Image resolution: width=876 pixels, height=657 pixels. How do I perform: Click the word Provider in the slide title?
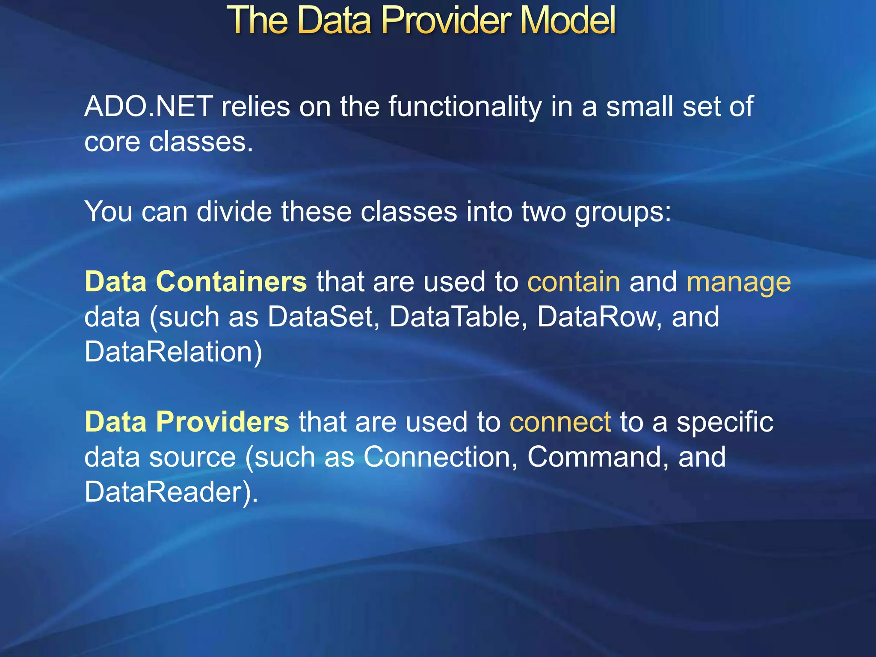point(446,20)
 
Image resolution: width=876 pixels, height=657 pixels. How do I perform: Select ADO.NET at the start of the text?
point(148,107)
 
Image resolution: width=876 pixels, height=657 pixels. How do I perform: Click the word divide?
point(234,211)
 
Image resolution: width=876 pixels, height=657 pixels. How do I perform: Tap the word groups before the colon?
point(619,212)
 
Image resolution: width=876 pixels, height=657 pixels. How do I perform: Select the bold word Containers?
point(231,281)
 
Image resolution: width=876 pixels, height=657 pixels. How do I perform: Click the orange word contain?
point(573,281)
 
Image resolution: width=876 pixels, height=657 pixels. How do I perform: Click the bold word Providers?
point(222,422)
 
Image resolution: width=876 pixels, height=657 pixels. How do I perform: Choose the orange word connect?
point(560,422)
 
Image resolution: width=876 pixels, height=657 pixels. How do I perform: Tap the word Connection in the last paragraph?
point(437,457)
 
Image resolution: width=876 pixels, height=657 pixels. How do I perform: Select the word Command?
point(594,457)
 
